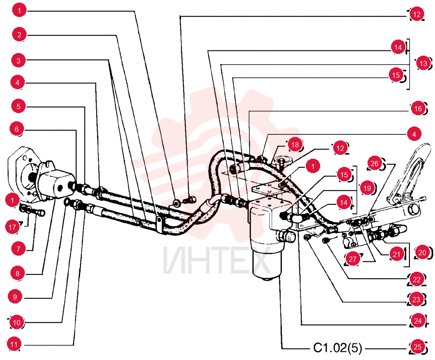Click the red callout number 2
point(19,35)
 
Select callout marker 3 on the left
point(18,60)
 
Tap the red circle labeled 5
point(18,106)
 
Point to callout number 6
point(17,129)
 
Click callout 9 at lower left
point(15,297)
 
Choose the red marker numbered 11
point(14,344)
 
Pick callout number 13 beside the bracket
point(423,63)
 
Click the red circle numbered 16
point(418,109)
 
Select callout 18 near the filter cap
point(295,144)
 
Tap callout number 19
point(367,188)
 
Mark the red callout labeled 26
point(375,163)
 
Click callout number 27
point(353,259)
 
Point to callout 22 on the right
point(417,279)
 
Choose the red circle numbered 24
point(418,321)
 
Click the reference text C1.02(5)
point(338,347)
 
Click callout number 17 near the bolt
point(12,227)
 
